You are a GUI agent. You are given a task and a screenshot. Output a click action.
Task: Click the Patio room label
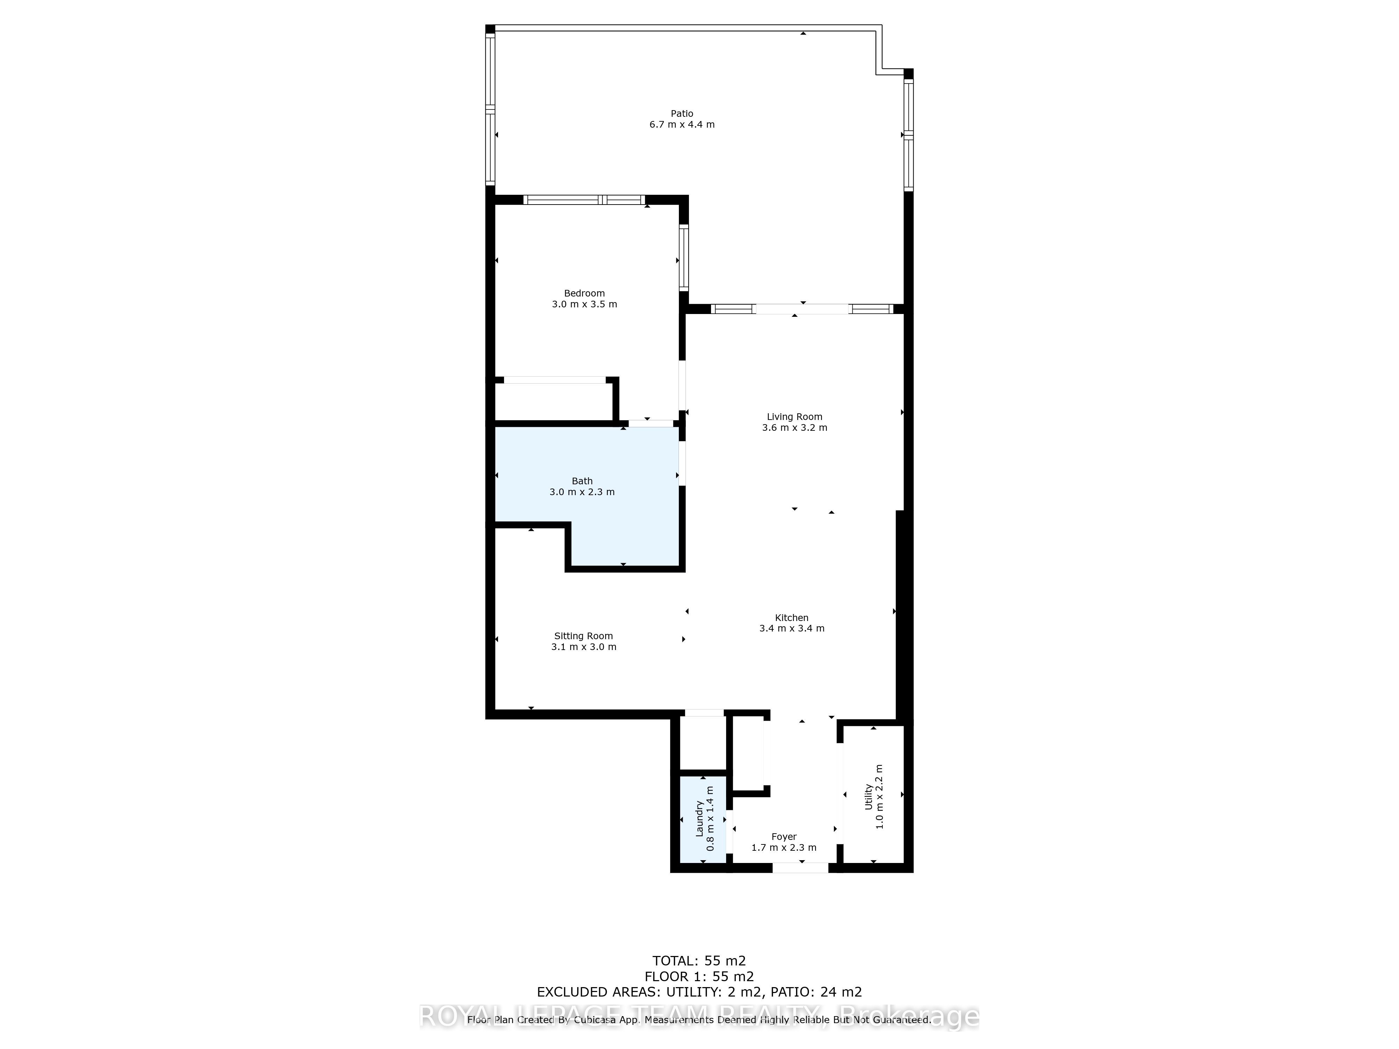pyautogui.click(x=682, y=114)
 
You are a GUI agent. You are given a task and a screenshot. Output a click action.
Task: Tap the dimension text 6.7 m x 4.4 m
pyautogui.click(x=682, y=124)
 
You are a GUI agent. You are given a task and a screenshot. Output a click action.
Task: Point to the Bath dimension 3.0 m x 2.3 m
pyautogui.click(x=582, y=492)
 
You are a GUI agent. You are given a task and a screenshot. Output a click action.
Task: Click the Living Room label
pyautogui.click(x=794, y=417)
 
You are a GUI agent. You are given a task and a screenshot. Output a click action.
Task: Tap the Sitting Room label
pyautogui.click(x=583, y=636)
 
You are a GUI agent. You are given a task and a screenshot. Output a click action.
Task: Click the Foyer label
pyautogui.click(x=784, y=836)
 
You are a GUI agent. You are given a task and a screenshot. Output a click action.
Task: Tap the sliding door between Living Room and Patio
pyautogui.click(x=802, y=309)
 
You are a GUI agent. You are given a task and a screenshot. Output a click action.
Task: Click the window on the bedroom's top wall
pyautogui.click(x=584, y=200)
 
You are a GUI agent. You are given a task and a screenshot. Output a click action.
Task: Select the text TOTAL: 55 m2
pyautogui.click(x=699, y=962)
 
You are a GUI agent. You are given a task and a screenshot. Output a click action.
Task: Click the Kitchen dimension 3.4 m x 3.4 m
pyautogui.click(x=792, y=628)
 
